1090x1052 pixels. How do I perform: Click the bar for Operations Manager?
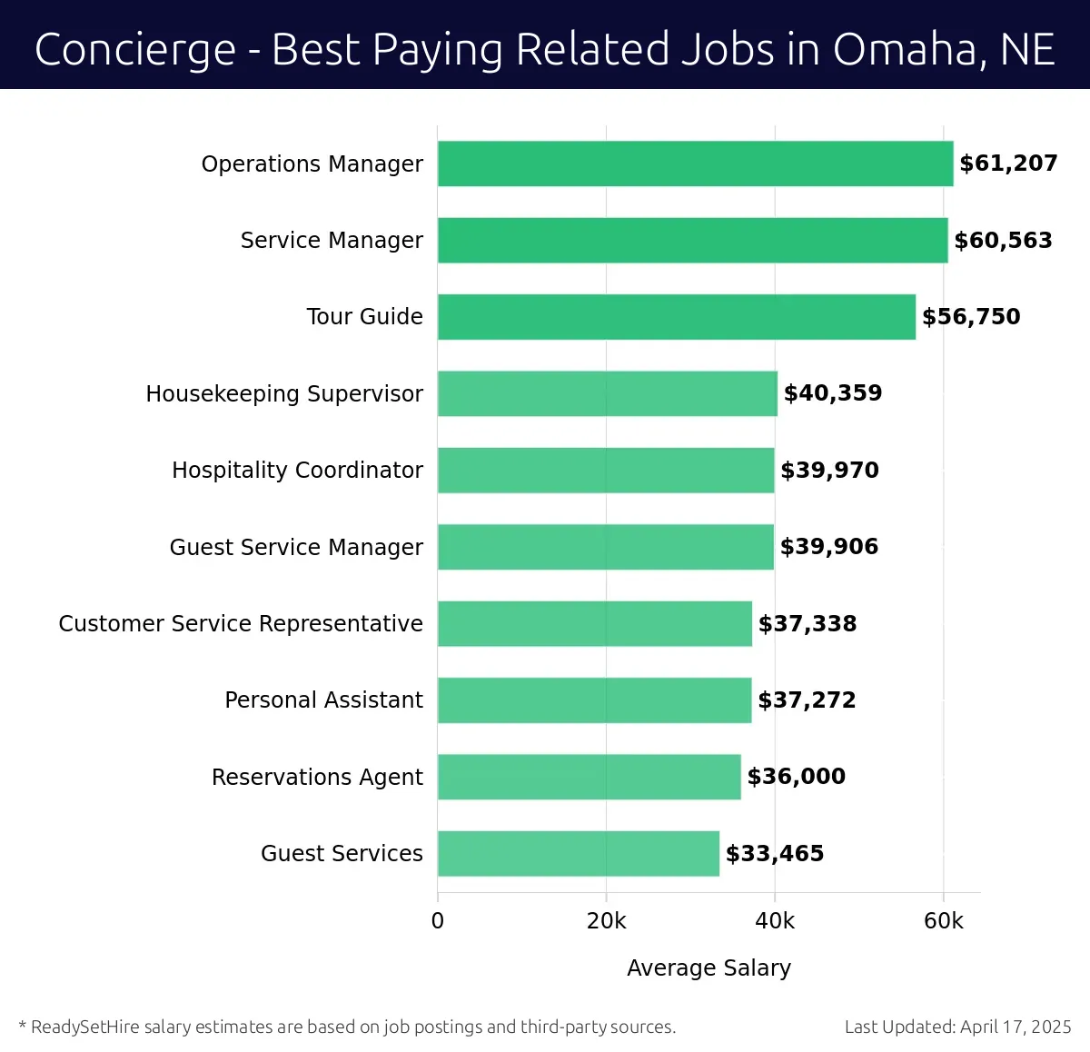tap(695, 164)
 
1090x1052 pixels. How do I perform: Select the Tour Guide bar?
tap(677, 317)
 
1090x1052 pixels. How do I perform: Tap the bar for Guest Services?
tap(579, 854)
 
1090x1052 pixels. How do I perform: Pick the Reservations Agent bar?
tap(589, 777)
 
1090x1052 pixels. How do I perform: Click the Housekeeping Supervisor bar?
tap(607, 393)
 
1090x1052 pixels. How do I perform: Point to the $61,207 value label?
tap(1008, 164)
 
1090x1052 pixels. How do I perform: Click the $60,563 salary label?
tap(1003, 241)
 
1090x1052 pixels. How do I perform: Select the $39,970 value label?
tap(829, 471)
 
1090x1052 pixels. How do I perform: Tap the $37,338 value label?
tap(808, 624)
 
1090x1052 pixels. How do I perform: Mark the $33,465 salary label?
tap(775, 854)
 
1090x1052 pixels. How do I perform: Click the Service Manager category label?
tap(332, 241)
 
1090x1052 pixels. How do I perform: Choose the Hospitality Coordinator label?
tap(297, 471)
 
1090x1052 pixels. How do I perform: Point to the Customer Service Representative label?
tap(241, 624)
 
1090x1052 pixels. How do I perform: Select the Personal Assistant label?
tap(323, 700)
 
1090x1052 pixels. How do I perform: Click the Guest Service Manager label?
tap(296, 547)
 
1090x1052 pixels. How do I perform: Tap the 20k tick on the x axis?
tap(606, 921)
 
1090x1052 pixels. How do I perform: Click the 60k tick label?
tap(943, 921)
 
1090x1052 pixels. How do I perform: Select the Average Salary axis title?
tap(708, 968)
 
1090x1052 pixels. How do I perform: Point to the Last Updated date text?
tap(957, 1027)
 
